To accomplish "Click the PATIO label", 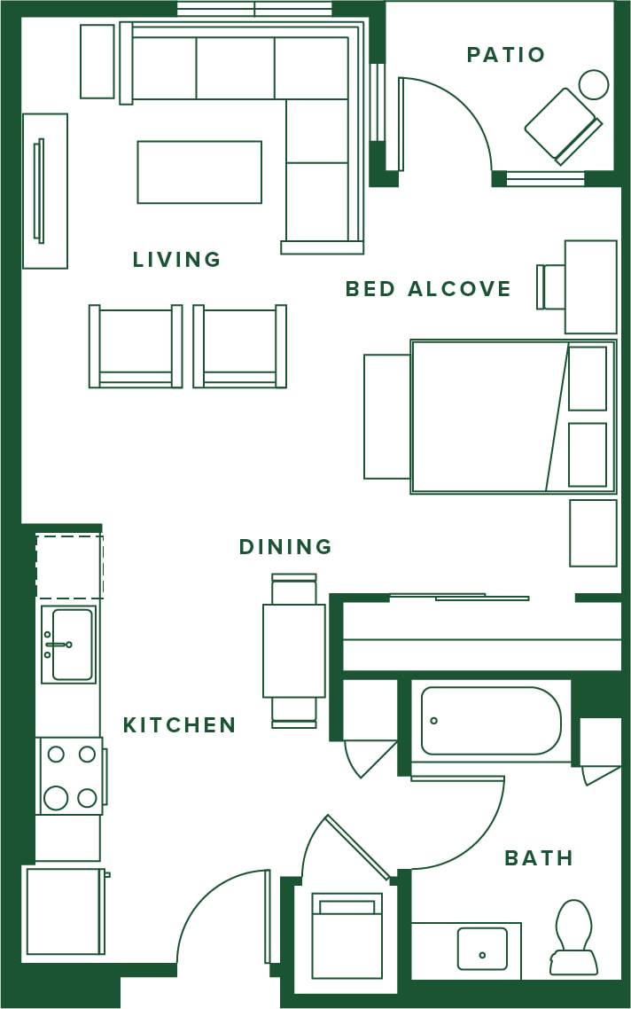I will tap(505, 55).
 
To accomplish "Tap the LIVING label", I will tap(176, 260).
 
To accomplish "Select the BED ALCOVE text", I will tap(428, 289).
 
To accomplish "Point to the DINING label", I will tap(285, 547).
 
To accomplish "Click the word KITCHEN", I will tap(179, 725).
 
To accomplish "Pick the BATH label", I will tap(539, 858).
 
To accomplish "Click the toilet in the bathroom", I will tap(573, 935).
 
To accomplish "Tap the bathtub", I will tap(490, 720).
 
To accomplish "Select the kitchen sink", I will tap(70, 645).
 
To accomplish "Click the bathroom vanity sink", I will tap(482, 949).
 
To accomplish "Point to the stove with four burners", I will tap(71, 776).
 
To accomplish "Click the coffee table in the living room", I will tap(199, 172).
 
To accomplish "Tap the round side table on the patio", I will tap(594, 85).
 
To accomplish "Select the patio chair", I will tap(562, 125).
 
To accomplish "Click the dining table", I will tap(293, 650).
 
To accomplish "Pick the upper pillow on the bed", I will tap(588, 379).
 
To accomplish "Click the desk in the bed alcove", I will tap(590, 286).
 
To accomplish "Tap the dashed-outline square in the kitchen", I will tap(69, 566).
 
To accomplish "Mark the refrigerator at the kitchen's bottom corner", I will tap(64, 911).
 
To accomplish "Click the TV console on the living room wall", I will tap(45, 191).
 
